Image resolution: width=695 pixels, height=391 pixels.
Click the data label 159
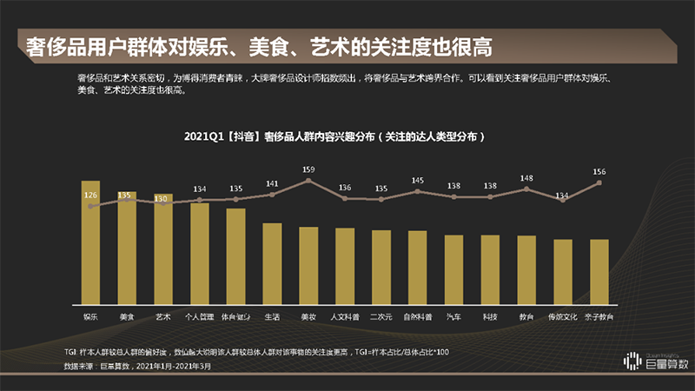[308, 169]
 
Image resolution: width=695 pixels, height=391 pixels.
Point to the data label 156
[599, 171]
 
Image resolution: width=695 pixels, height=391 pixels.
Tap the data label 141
[272, 183]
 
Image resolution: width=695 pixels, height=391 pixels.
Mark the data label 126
[90, 195]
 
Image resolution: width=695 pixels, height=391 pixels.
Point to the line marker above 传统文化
[563, 201]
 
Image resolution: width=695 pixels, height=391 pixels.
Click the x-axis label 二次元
[381, 317]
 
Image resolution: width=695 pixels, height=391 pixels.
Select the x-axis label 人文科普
[345, 317]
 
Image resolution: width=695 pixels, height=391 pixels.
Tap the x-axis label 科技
[490, 317]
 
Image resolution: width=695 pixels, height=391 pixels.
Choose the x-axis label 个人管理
[199, 317]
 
